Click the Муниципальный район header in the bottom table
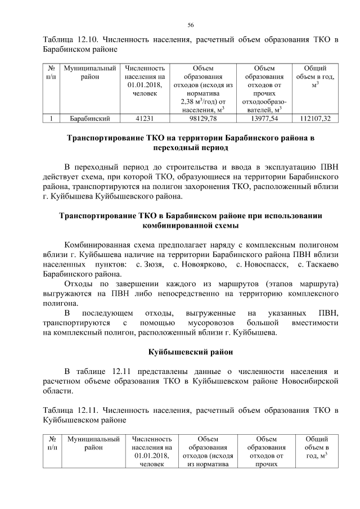point(93,443)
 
